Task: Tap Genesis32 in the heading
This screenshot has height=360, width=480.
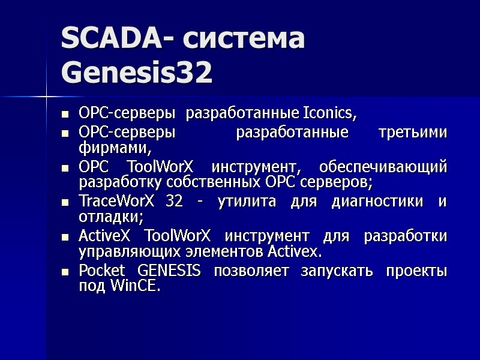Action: click(137, 74)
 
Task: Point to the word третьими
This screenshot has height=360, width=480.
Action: click(413, 133)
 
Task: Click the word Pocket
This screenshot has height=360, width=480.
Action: click(100, 271)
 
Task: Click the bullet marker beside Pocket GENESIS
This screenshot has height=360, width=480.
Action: click(65, 272)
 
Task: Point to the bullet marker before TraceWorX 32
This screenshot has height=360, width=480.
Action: click(65, 203)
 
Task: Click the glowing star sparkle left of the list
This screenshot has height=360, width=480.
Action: click(47, 95)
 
